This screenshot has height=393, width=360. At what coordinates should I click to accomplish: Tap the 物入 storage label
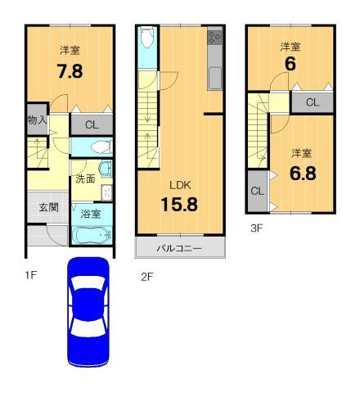point(37,121)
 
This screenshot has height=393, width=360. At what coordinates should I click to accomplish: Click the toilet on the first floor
point(99,147)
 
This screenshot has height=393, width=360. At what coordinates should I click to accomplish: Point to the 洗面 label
point(84,179)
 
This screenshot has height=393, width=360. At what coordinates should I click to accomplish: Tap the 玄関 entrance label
point(48,207)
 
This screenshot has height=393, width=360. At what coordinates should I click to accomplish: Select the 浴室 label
point(91,215)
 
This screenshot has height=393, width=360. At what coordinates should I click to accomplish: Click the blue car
point(88,310)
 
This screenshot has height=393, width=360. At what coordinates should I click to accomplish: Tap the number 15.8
point(179,204)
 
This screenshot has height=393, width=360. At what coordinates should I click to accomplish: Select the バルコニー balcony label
point(179,247)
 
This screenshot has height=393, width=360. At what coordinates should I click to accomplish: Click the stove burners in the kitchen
point(215,38)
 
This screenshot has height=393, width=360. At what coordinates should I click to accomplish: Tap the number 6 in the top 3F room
point(288,62)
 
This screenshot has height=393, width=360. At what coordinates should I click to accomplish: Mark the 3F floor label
point(256,228)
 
